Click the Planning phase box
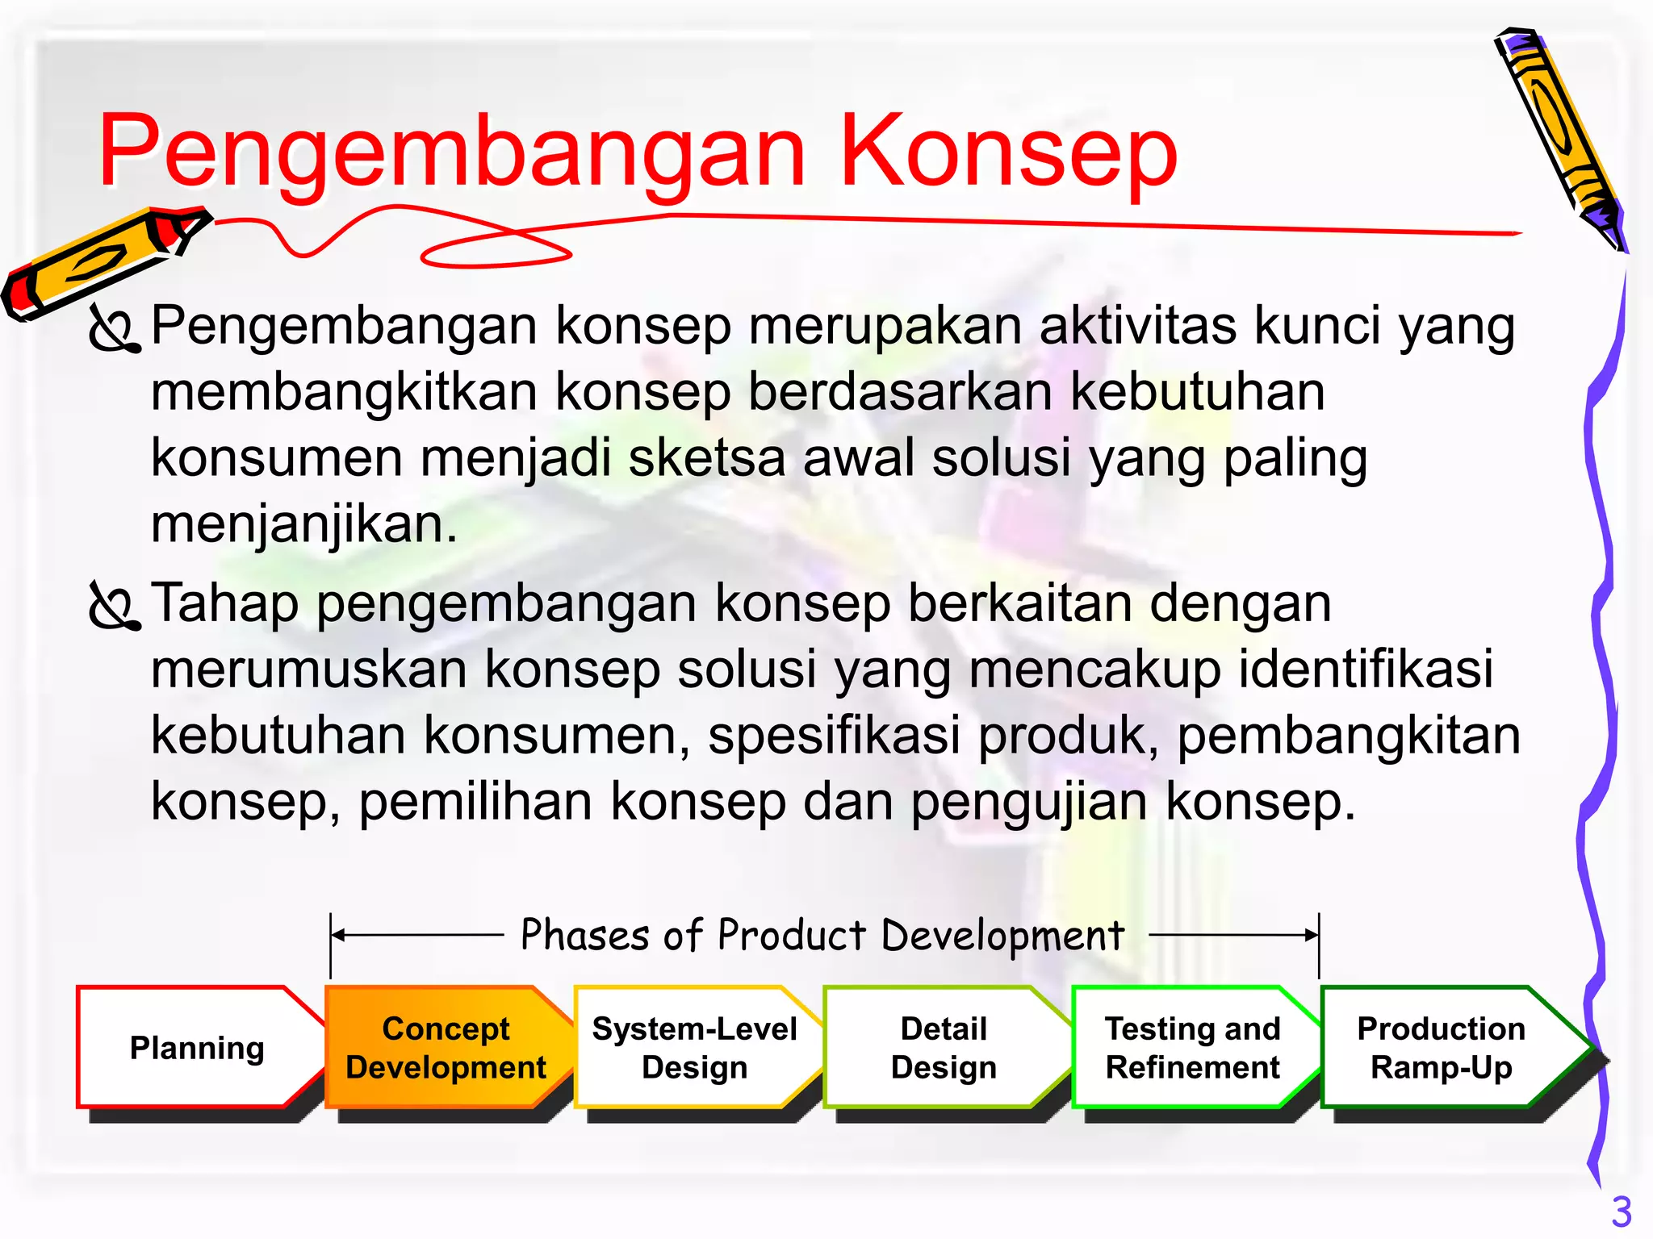click(x=197, y=1048)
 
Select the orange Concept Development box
click(x=446, y=1048)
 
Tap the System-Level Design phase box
click(x=694, y=1048)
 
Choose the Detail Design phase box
click(x=943, y=1048)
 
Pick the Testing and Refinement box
click(x=1192, y=1048)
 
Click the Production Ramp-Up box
click(x=1442, y=1048)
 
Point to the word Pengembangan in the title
click(x=452, y=153)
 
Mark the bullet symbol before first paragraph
click(x=115, y=329)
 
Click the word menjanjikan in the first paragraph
click(x=304, y=524)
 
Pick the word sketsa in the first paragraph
click(x=706, y=458)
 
